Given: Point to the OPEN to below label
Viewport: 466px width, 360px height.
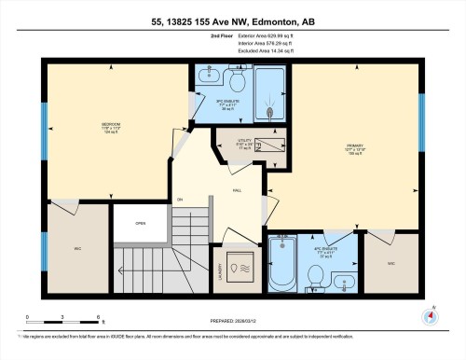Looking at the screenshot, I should pyautogui.click(x=140, y=223).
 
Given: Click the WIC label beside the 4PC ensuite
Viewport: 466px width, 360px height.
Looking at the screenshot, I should pyautogui.click(x=391, y=264).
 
